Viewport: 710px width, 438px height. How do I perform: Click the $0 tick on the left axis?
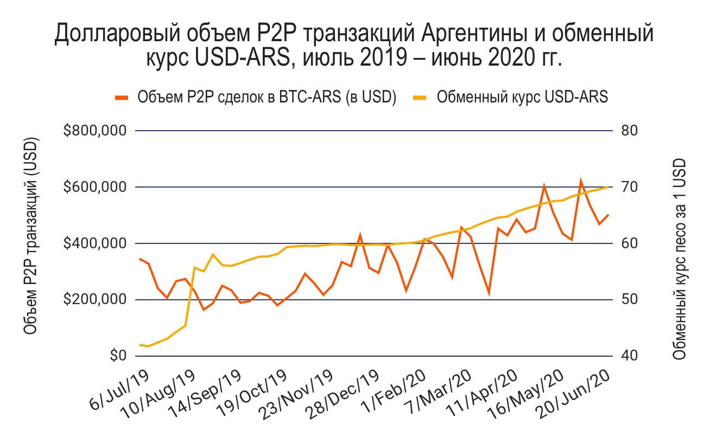116,357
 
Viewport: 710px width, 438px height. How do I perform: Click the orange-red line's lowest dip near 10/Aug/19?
204,310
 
